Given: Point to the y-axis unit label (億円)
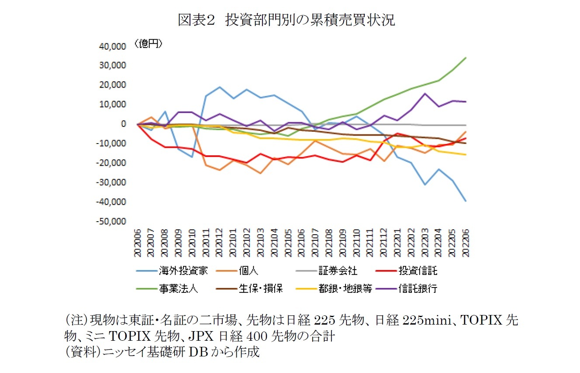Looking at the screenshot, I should (148, 44).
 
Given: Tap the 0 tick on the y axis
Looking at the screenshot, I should (124, 124).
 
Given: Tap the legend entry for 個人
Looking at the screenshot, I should (249, 271).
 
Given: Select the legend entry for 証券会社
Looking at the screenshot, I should (338, 271).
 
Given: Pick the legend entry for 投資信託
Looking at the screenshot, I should (418, 271).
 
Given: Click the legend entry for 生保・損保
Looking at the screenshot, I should (262, 289).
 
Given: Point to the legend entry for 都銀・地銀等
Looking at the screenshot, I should (345, 289).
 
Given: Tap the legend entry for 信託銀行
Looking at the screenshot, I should (418, 289).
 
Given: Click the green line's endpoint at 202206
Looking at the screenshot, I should (466, 58).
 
